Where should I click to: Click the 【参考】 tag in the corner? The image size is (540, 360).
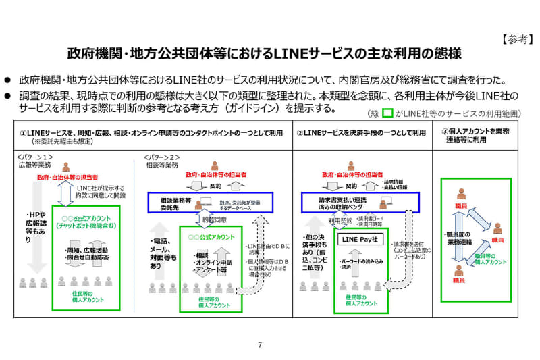pos(516,38)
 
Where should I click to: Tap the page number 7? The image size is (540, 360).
pos(259,344)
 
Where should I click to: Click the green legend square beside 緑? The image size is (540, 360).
pos(387,113)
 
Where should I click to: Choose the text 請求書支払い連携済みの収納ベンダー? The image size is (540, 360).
pos(343,203)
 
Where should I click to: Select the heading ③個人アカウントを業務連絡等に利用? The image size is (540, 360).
pos(474,137)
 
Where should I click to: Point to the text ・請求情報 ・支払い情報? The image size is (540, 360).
pos(396,184)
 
